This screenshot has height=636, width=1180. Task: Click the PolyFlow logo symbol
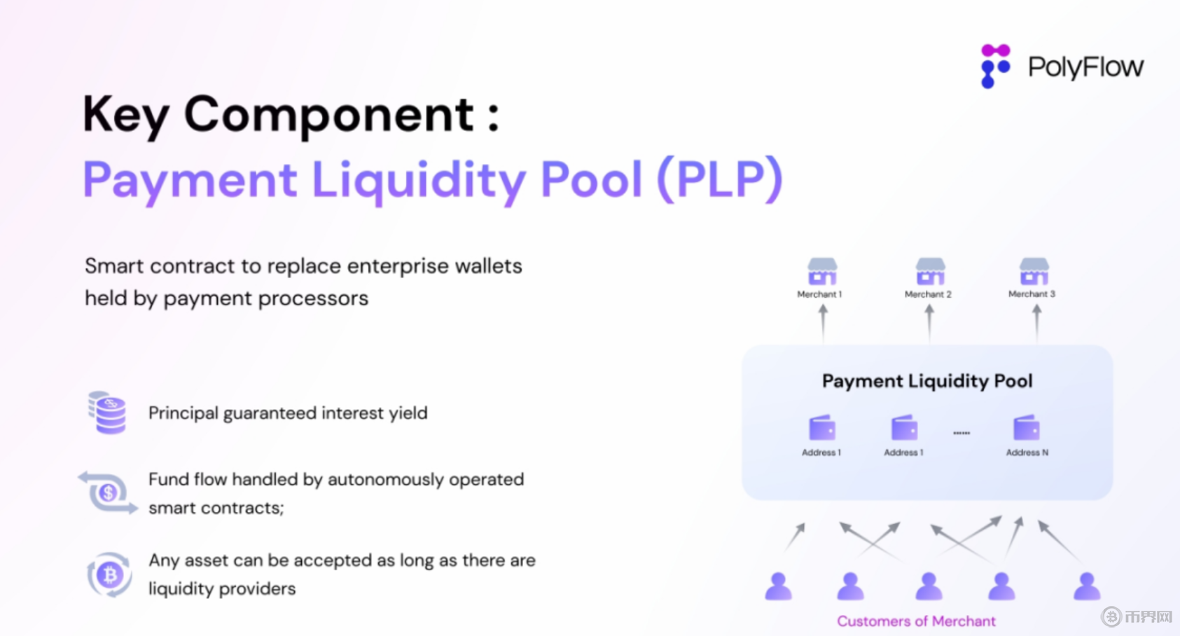click(x=995, y=66)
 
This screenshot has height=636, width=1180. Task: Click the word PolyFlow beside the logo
click(x=1085, y=67)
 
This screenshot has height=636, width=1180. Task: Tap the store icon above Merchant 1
click(x=822, y=271)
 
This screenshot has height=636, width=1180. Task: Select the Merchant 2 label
click(x=928, y=294)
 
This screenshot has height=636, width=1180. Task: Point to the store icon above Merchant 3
click(x=1034, y=271)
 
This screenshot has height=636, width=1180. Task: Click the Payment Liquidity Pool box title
click(x=927, y=381)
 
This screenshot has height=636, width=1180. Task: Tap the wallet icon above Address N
click(x=1026, y=427)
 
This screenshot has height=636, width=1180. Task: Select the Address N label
click(x=1027, y=452)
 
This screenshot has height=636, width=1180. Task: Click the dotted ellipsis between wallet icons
click(x=962, y=433)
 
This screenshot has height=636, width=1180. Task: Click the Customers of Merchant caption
click(x=916, y=621)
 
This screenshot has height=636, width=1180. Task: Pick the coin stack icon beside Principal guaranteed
click(x=107, y=413)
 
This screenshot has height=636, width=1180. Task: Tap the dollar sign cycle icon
click(x=108, y=492)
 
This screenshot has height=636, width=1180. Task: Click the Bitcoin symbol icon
click(x=109, y=574)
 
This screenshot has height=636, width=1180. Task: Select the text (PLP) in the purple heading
click(x=720, y=180)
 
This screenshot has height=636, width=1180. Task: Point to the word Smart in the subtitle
click(x=113, y=266)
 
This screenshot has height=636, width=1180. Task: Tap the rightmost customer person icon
click(x=1087, y=586)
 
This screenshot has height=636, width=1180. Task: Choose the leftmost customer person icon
click(x=778, y=586)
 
